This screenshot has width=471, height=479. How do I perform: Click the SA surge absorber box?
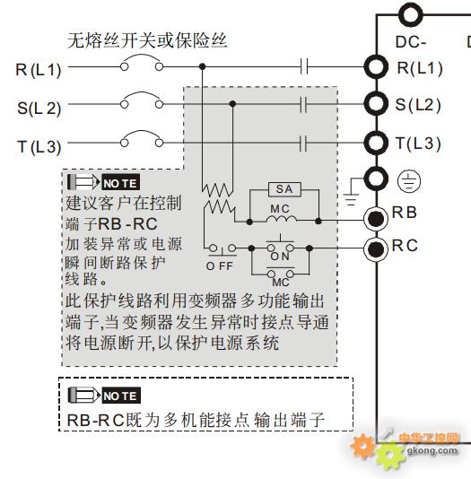point(284,189)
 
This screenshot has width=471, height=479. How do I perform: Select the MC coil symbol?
point(282,219)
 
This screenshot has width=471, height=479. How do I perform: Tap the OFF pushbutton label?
point(220,266)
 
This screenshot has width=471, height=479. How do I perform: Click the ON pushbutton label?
point(280,257)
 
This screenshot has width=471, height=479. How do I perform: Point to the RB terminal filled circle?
point(376,219)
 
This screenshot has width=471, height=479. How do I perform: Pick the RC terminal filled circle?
point(376,249)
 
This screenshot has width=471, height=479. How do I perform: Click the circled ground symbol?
point(409,181)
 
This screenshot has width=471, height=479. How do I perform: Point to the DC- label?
point(411,42)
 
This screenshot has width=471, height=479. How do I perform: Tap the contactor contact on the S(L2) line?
point(303,104)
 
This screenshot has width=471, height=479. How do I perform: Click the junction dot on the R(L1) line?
point(202,66)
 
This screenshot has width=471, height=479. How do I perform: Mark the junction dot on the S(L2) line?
point(232,104)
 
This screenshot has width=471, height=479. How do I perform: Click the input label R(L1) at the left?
point(39,70)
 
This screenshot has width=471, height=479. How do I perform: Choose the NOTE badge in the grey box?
point(120,182)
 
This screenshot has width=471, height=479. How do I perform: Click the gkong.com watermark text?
point(432,450)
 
